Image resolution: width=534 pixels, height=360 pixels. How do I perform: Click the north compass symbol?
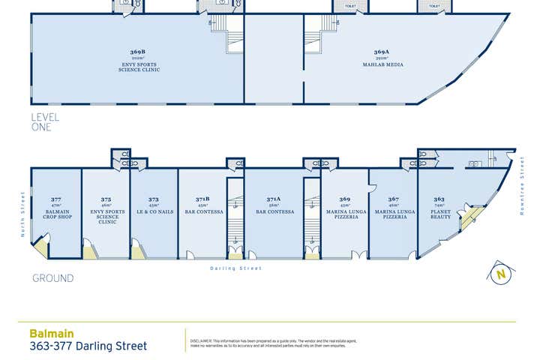[499, 274]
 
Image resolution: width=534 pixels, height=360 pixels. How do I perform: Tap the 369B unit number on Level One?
[138, 52]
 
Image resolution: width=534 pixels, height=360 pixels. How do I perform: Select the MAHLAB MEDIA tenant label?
[388, 65]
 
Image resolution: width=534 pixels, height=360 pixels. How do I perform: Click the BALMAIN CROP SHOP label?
[56, 214]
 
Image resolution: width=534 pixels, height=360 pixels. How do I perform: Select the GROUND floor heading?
[52, 278]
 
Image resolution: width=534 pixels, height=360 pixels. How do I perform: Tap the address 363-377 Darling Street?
[88, 346]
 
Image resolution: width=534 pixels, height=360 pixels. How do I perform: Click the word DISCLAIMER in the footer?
[202, 340]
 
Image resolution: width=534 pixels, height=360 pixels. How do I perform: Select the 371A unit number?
[274, 199]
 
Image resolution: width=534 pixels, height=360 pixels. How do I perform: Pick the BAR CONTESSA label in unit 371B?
[202, 212]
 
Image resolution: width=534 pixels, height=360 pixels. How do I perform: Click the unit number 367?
[393, 199]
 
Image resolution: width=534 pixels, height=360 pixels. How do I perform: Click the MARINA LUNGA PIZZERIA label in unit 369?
[345, 214]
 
